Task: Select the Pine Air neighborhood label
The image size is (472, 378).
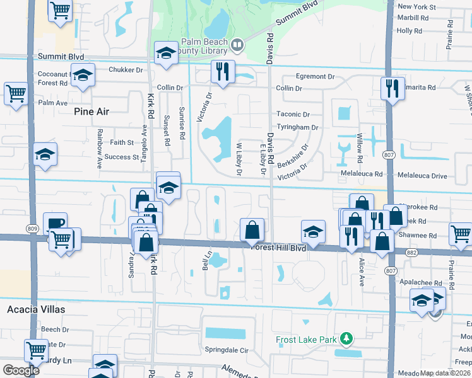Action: pos(91,112)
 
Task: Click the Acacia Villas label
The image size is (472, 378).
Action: pos(36,309)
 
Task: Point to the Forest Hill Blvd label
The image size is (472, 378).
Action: pos(278,248)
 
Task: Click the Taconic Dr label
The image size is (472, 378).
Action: pos(293,115)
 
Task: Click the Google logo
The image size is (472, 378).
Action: pos(21,370)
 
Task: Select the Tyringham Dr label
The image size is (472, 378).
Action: pos(297,127)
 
